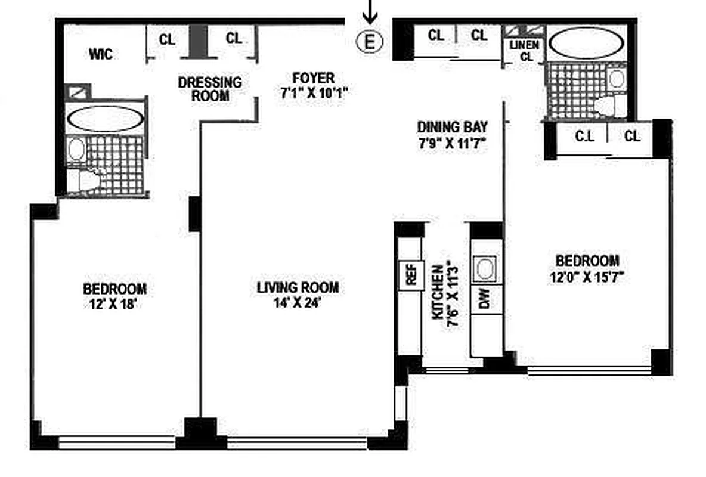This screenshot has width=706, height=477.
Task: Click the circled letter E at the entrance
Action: point(370,42)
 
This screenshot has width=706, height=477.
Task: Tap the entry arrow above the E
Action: point(370,12)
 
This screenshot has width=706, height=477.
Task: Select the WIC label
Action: point(100,54)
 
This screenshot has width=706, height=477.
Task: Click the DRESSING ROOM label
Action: point(210,89)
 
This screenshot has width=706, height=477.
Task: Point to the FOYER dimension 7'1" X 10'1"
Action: point(314,93)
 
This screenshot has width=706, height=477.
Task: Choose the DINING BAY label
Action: point(452,127)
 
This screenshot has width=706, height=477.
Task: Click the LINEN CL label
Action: point(525,51)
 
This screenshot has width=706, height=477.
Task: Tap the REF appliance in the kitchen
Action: point(411,275)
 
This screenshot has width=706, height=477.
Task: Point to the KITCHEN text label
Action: point(438,292)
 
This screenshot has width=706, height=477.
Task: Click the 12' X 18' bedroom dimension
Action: point(113,304)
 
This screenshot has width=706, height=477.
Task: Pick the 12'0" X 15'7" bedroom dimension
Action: point(587,276)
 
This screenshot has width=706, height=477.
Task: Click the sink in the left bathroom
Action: point(76,148)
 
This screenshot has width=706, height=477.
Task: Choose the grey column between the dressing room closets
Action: point(198,41)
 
